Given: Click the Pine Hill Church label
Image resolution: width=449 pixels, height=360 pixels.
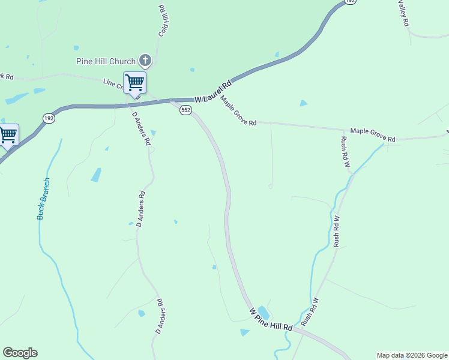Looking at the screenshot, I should point(106,61).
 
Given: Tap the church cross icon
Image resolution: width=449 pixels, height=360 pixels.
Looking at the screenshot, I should point(145,60).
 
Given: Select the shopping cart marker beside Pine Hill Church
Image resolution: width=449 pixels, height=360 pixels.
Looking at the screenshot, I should point(134,82).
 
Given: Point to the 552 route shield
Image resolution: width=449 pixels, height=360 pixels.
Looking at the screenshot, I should point(185,110).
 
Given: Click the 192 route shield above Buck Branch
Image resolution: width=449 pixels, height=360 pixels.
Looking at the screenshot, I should point(49,119).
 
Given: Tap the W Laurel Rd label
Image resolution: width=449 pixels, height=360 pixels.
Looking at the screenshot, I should point(213,92).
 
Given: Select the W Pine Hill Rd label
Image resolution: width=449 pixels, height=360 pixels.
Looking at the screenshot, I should point(271,320).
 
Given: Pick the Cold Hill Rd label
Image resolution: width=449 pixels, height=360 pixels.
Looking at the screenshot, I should point(162,21).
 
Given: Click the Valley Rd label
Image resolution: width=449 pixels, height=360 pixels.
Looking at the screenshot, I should point(403,13).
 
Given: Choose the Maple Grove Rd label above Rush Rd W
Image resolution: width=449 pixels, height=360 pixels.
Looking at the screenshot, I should point(373,134).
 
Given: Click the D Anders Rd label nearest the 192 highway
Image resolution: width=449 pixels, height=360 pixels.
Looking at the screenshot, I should point(140,129).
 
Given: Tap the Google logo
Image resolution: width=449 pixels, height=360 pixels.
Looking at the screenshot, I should point(20,353).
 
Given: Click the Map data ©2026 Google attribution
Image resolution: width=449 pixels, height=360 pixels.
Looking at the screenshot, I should point(412,355).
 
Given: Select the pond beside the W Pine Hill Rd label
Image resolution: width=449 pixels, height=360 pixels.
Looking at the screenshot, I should point(263,313).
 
